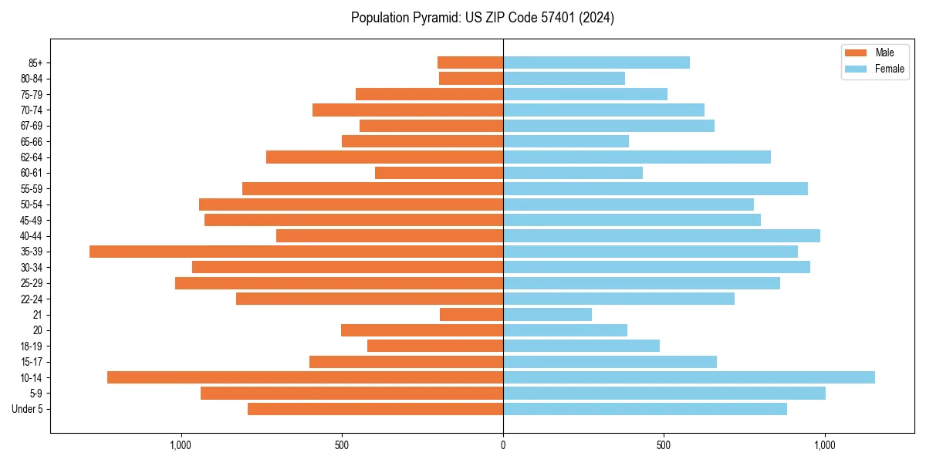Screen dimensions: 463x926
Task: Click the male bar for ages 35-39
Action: tap(296, 252)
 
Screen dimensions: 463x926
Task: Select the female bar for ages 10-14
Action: tap(688, 377)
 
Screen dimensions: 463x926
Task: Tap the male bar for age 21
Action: tap(471, 315)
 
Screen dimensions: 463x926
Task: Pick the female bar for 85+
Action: tap(596, 63)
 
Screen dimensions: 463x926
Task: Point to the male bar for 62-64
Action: tap(384, 157)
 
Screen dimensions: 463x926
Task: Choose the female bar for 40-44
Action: tap(661, 236)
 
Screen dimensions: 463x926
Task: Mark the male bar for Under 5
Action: tap(375, 409)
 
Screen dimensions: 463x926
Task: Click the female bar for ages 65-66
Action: tap(566, 141)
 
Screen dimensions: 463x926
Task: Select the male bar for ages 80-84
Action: tap(471, 79)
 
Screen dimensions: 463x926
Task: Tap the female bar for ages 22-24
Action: tap(618, 299)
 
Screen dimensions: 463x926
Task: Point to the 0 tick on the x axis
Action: tap(503, 445)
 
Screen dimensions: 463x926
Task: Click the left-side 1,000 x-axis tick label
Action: tap(181, 445)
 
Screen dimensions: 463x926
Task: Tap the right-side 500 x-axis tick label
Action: tap(664, 445)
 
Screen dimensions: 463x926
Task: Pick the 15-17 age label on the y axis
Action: tap(32, 362)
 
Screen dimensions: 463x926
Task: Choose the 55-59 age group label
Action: tap(32, 189)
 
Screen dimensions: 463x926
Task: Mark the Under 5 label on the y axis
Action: tap(28, 409)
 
